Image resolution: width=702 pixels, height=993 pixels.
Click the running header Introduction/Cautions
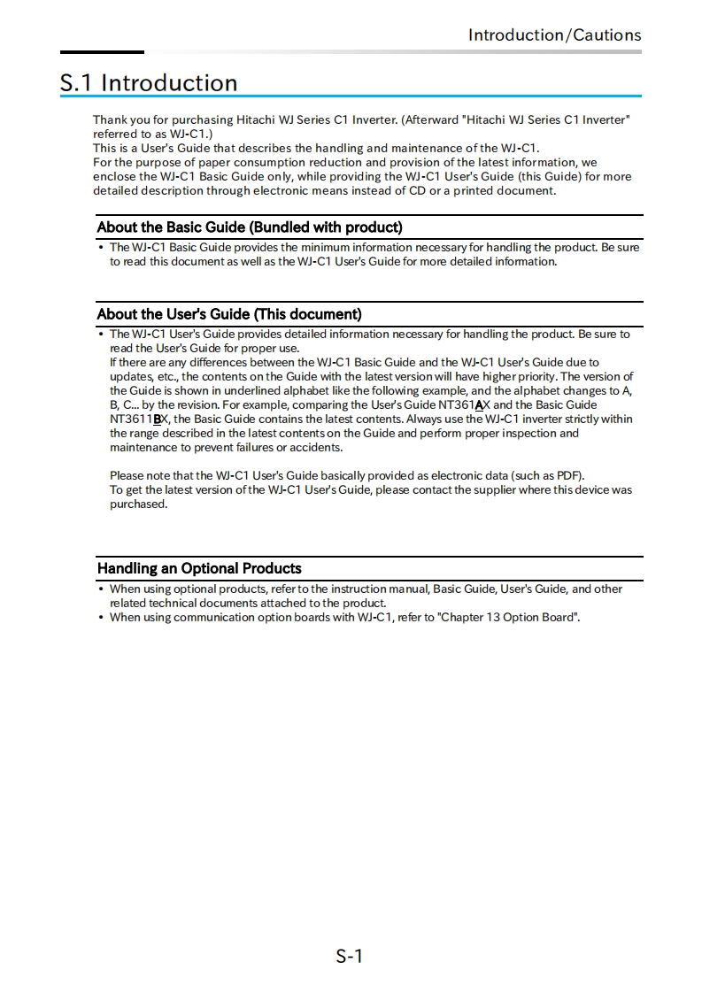pos(554,35)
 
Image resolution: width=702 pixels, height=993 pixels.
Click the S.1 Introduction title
pos(149,83)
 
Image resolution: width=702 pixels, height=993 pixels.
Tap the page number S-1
pos(350,956)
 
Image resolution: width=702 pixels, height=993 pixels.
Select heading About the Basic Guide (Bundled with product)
pos(250,227)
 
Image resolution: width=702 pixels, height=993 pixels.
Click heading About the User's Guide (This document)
pos(229,314)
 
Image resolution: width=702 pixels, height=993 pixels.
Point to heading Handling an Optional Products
pos(199,568)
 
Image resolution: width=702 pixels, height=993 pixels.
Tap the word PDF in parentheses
pos(568,476)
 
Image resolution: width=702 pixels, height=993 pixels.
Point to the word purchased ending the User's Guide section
pos(138,504)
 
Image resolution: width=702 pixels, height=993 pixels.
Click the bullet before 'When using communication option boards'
pos(101,618)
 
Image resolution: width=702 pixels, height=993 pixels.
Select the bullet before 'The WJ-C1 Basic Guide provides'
pos(101,248)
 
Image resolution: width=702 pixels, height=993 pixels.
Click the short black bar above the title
pos(102,52)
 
